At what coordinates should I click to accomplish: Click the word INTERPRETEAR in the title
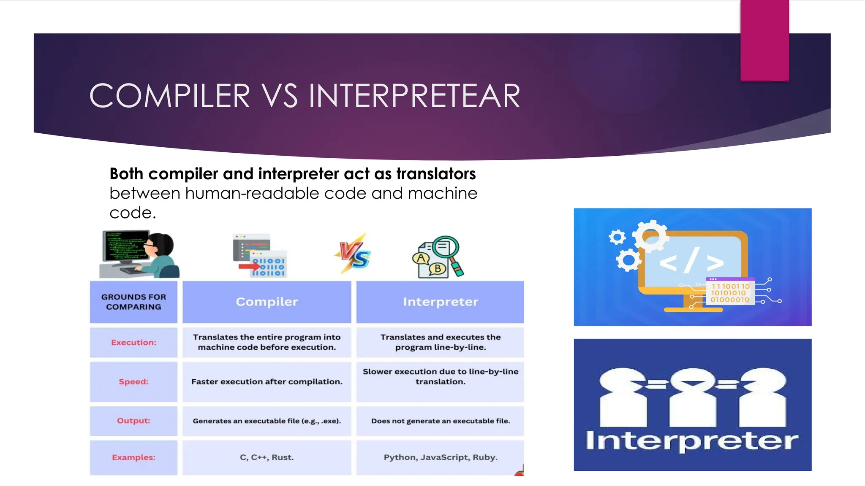pyautogui.click(x=414, y=96)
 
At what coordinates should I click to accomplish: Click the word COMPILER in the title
pyautogui.click(x=170, y=96)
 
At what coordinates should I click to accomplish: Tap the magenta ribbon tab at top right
pyautogui.click(x=764, y=40)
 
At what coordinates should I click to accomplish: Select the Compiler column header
pyautogui.click(x=267, y=302)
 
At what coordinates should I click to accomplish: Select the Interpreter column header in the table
pyautogui.click(x=440, y=302)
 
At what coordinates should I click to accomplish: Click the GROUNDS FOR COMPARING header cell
pyautogui.click(x=133, y=302)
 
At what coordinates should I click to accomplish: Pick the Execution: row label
pyautogui.click(x=133, y=343)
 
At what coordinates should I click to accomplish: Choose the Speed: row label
pyautogui.click(x=133, y=382)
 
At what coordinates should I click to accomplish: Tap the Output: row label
pyautogui.click(x=133, y=421)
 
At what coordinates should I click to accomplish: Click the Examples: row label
pyautogui.click(x=133, y=457)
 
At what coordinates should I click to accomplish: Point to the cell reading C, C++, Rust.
pyautogui.click(x=267, y=457)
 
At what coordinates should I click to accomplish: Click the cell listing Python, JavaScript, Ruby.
pyautogui.click(x=440, y=457)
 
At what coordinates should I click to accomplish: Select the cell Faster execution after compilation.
pyautogui.click(x=267, y=382)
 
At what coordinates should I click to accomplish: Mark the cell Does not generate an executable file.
pyautogui.click(x=440, y=421)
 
